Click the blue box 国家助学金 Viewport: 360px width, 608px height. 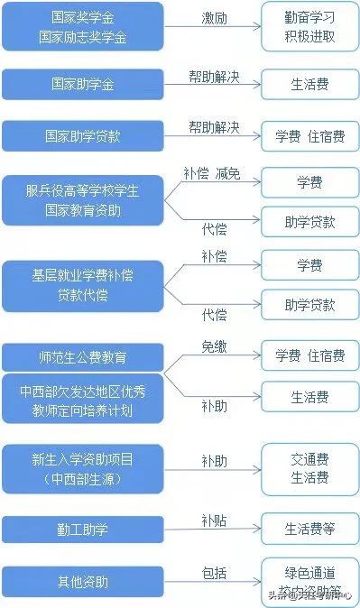82,85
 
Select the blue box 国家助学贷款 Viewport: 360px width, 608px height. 82,136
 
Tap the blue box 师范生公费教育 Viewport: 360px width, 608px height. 82,358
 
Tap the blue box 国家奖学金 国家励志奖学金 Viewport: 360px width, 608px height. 82,26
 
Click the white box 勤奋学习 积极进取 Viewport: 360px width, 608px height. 309,26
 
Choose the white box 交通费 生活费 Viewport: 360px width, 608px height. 309,469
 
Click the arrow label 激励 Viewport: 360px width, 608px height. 214,18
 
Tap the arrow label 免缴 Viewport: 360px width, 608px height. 214,346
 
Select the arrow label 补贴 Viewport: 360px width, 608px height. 214,520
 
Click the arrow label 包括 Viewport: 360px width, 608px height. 214,572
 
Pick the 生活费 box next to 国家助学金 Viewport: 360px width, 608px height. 309,85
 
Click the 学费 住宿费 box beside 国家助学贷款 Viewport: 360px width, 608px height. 309,136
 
